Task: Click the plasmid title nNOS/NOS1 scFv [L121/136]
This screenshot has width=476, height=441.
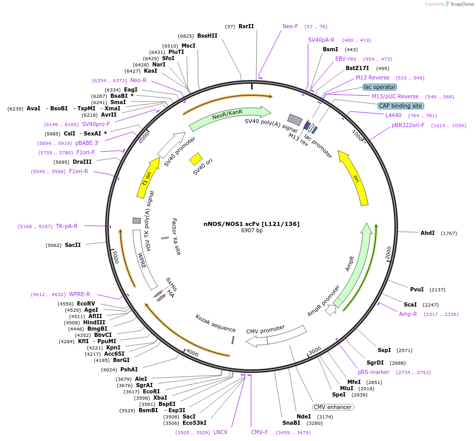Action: (252, 224)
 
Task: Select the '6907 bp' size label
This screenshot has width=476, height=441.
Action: (252, 231)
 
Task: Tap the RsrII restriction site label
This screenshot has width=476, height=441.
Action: (246, 26)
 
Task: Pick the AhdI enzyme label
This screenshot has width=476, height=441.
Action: (427, 233)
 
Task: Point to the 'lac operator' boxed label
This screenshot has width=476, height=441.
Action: (380, 87)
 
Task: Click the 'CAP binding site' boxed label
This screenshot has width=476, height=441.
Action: (401, 106)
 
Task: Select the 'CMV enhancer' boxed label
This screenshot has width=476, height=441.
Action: (333, 407)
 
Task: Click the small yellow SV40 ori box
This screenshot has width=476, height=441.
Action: (196, 159)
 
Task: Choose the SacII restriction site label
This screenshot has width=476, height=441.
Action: (73, 245)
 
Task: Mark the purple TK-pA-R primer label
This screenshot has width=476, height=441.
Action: (66, 226)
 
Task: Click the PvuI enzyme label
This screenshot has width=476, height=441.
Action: (417, 289)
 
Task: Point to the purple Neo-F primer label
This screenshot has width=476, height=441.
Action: (290, 26)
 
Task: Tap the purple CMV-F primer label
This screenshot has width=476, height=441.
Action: (259, 432)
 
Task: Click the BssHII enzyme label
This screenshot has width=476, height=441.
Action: (207, 36)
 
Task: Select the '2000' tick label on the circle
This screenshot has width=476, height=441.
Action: (388, 253)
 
